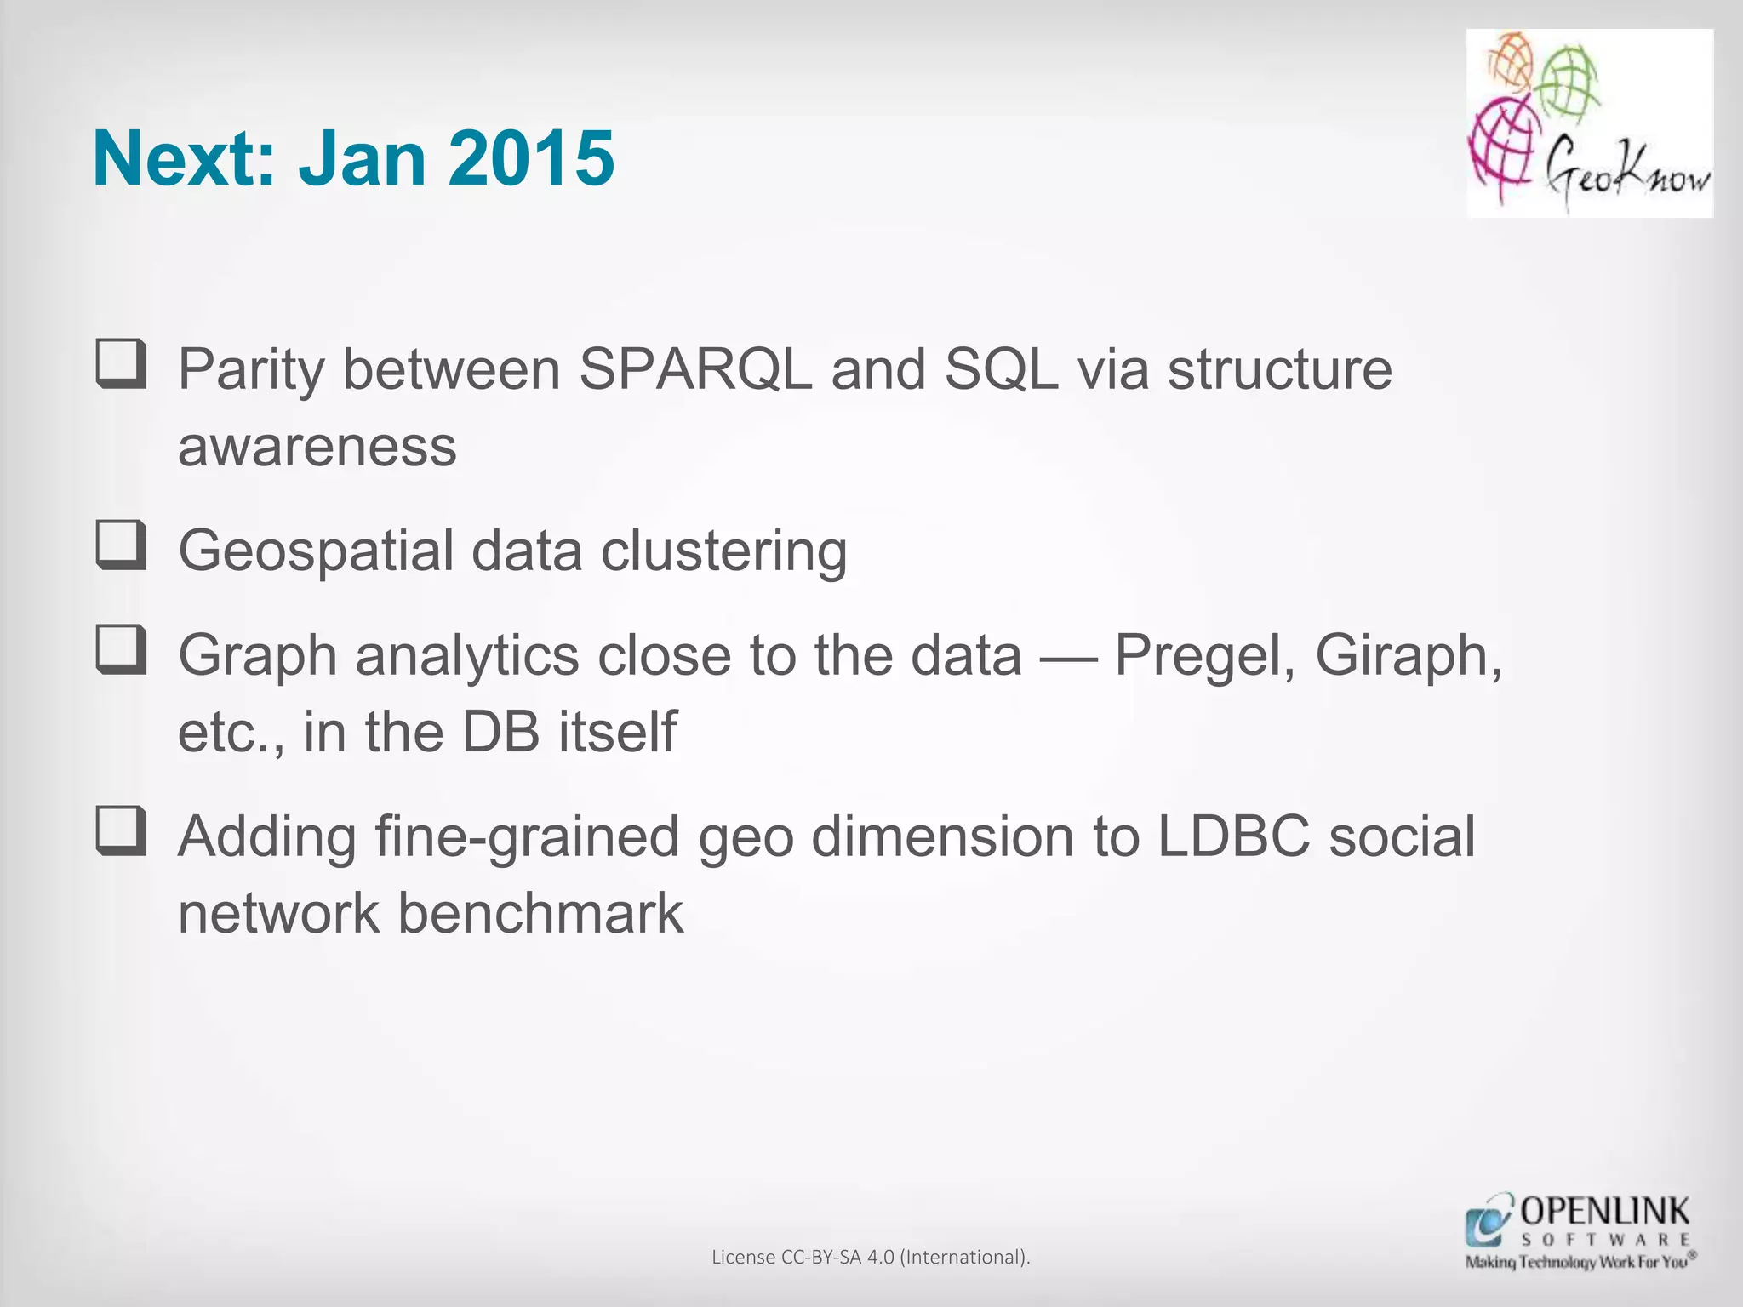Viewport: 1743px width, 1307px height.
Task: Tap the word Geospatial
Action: [x=316, y=551]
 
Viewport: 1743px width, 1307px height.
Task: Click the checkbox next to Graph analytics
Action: [x=121, y=649]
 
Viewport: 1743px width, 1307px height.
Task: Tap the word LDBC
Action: [x=1233, y=836]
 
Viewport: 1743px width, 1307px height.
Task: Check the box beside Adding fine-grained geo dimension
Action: [x=121, y=830]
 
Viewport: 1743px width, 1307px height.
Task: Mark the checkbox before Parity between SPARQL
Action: [x=121, y=363]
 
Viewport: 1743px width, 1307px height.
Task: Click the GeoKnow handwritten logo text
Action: [x=1626, y=174]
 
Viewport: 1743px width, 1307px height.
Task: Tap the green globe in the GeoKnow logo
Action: [x=1570, y=83]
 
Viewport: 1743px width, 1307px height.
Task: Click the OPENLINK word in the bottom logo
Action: [x=1604, y=1211]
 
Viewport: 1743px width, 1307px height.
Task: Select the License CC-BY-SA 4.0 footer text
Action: [x=871, y=1257]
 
